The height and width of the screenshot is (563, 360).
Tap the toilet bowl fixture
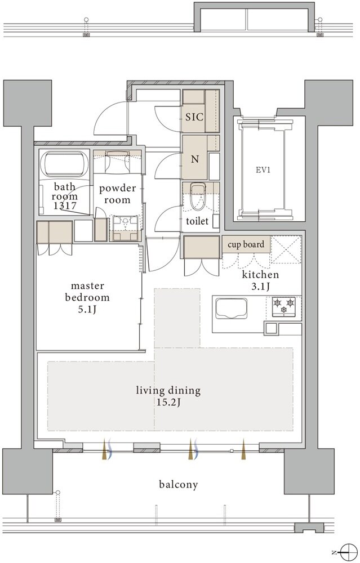pyautogui.click(x=197, y=196)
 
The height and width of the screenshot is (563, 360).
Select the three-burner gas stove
pyautogui.click(x=284, y=307)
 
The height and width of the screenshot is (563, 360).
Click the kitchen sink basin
pyautogui.click(x=231, y=309)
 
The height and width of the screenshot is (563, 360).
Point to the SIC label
pyautogui.click(x=194, y=117)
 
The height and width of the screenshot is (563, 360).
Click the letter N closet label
pyautogui.click(x=195, y=159)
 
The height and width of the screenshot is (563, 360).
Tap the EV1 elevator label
pyautogui.click(x=263, y=170)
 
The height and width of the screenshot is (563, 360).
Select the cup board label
pyautogui.click(x=246, y=244)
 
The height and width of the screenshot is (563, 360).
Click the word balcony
pyautogui.click(x=179, y=485)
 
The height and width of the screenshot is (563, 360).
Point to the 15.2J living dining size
pyautogui.click(x=168, y=403)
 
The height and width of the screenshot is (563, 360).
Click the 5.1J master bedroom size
pyautogui.click(x=87, y=309)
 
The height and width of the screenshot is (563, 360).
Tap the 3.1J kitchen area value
pyautogui.click(x=260, y=286)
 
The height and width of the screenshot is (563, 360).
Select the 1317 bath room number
pyautogui.click(x=65, y=205)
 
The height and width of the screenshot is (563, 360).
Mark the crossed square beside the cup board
pyautogui.click(x=286, y=249)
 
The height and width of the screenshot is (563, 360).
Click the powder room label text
pyautogui.click(x=118, y=194)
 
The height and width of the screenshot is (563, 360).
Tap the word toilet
pyautogui.click(x=197, y=221)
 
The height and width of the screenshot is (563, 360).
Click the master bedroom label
pyautogui.click(x=87, y=292)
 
